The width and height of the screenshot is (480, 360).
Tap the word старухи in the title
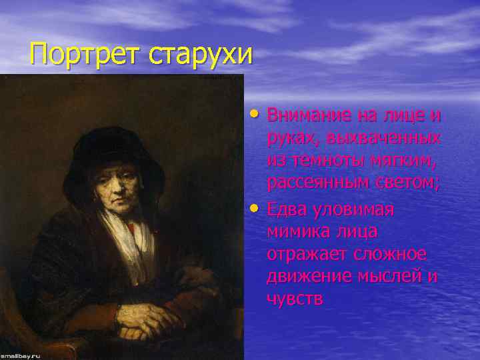201,53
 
